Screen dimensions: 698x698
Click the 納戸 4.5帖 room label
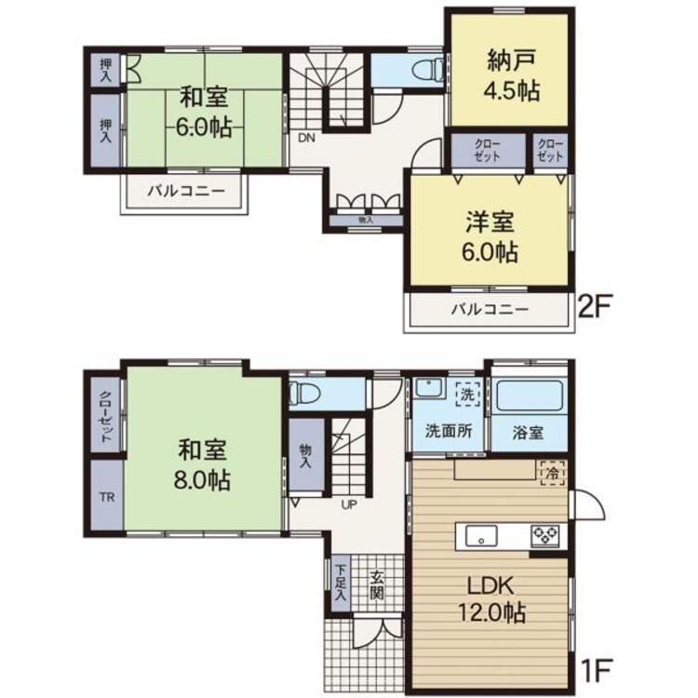[x=512, y=75]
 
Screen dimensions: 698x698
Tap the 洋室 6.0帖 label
[x=490, y=236]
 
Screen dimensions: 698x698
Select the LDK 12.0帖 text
[x=492, y=598]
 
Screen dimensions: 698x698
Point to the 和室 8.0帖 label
[x=203, y=464]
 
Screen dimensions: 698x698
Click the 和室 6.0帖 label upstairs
[x=204, y=112]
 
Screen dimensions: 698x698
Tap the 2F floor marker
[x=593, y=306]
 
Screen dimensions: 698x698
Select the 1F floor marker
[x=597, y=671]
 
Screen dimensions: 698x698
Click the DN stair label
[x=306, y=138]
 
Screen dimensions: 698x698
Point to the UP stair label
[x=349, y=504]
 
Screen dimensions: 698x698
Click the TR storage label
[x=107, y=497]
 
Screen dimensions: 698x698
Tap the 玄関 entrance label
[x=377, y=585]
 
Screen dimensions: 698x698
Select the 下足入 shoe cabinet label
[x=341, y=583]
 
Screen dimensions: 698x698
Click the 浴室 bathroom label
[x=528, y=432]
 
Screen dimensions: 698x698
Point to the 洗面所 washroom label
[x=449, y=431]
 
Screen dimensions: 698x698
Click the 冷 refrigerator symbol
[x=553, y=473]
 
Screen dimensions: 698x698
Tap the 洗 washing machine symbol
[x=468, y=394]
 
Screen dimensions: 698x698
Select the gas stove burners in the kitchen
[x=545, y=536]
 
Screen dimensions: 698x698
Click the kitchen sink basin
[x=481, y=535]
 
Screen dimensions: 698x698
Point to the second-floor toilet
[x=426, y=71]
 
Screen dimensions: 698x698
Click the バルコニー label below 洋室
[x=490, y=309]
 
